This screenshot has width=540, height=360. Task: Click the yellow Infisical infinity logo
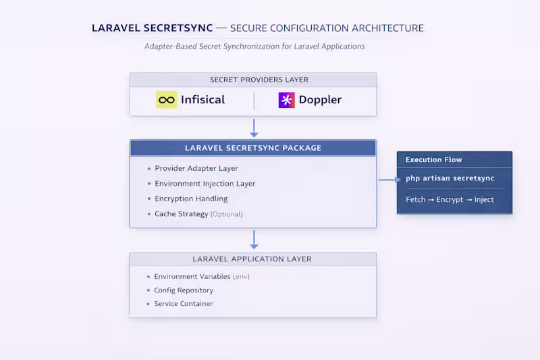166,100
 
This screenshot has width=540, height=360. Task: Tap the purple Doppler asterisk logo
287,100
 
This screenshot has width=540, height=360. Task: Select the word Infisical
202,100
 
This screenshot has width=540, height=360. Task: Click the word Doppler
320,100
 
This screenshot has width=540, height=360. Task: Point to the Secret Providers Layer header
253,80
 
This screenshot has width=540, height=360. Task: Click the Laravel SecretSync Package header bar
253,148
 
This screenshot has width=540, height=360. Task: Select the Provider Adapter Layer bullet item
196,168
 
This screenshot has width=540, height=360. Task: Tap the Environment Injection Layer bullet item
205,184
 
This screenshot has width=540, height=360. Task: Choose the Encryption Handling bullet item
191,199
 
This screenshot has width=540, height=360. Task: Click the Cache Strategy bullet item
198,214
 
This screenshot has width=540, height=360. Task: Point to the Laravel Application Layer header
253,259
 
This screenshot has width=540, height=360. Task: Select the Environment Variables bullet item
202,277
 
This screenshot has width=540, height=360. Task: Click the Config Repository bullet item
184,290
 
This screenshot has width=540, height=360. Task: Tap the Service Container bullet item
183,304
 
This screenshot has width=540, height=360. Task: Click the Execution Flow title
433,160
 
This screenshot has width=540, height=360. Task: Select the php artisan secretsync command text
450,178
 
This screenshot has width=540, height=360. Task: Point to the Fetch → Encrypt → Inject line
450,200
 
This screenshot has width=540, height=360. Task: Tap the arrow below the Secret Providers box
254,128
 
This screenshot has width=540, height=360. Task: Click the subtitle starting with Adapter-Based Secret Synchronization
254,47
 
